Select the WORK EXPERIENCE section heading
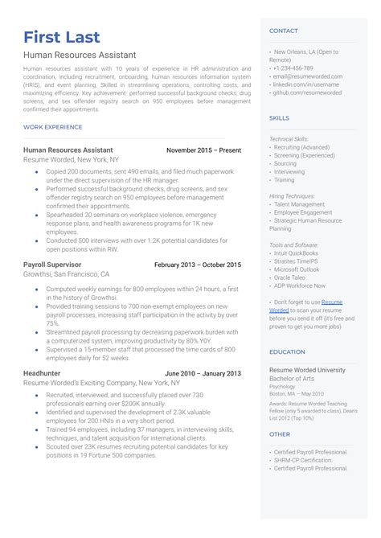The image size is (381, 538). [x=53, y=127]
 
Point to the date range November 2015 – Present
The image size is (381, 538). [x=203, y=150]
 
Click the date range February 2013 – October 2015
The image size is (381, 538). [x=197, y=265]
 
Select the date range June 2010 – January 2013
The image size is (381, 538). [x=203, y=373]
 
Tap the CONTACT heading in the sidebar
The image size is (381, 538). [x=283, y=31]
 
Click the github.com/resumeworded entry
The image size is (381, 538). [x=307, y=92]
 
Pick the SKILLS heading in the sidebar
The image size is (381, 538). [x=279, y=117]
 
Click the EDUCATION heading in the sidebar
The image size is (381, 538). [x=287, y=351]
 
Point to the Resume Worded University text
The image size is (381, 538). [x=307, y=370]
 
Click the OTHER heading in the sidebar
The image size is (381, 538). [x=279, y=433]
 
